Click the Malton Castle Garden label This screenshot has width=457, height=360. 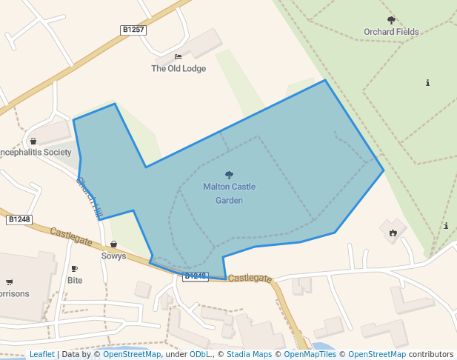229,193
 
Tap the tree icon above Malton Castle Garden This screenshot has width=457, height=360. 229,176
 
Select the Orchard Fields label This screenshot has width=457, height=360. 391,32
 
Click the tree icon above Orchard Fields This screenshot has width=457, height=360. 391,20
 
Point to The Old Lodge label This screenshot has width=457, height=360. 179,69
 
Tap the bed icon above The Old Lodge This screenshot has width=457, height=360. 178,57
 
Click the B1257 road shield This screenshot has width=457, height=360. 133,30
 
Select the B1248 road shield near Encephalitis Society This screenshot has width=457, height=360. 19,219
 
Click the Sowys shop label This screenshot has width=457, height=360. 113,256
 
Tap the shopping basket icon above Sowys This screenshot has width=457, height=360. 113,244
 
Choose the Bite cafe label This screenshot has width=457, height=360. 75,281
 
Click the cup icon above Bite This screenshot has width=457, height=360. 74,269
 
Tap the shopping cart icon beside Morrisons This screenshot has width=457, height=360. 9,281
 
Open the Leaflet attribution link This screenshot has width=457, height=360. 42,354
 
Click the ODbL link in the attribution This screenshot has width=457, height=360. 201,354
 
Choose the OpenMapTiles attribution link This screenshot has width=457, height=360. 310,354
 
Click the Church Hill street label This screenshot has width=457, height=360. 90,196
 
